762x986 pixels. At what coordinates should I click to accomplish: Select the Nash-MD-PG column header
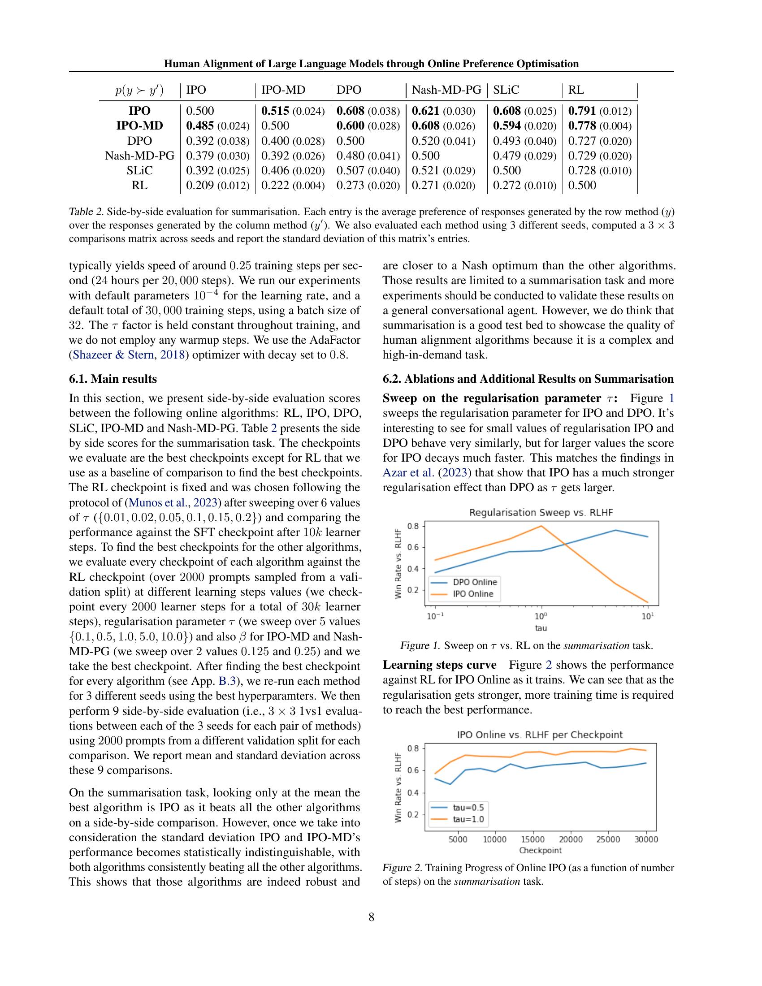point(446,90)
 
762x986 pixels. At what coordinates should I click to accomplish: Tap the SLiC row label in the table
point(139,171)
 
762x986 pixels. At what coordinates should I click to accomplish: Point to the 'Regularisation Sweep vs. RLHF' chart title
point(541,512)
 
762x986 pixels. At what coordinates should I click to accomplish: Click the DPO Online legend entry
point(474,582)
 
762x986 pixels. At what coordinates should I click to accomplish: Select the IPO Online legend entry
point(473,594)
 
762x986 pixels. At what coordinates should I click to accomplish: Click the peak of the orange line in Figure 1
point(541,526)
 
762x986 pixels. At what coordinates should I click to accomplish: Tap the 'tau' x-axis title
point(541,627)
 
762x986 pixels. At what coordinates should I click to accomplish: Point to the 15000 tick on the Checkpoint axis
point(533,839)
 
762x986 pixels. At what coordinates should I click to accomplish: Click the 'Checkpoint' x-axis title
point(541,851)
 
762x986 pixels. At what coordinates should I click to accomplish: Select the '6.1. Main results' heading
point(113,379)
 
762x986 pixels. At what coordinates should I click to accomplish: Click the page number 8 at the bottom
point(372,917)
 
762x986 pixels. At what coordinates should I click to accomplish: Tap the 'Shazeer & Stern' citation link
point(113,355)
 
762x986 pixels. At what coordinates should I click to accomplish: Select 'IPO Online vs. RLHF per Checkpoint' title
point(540,735)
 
